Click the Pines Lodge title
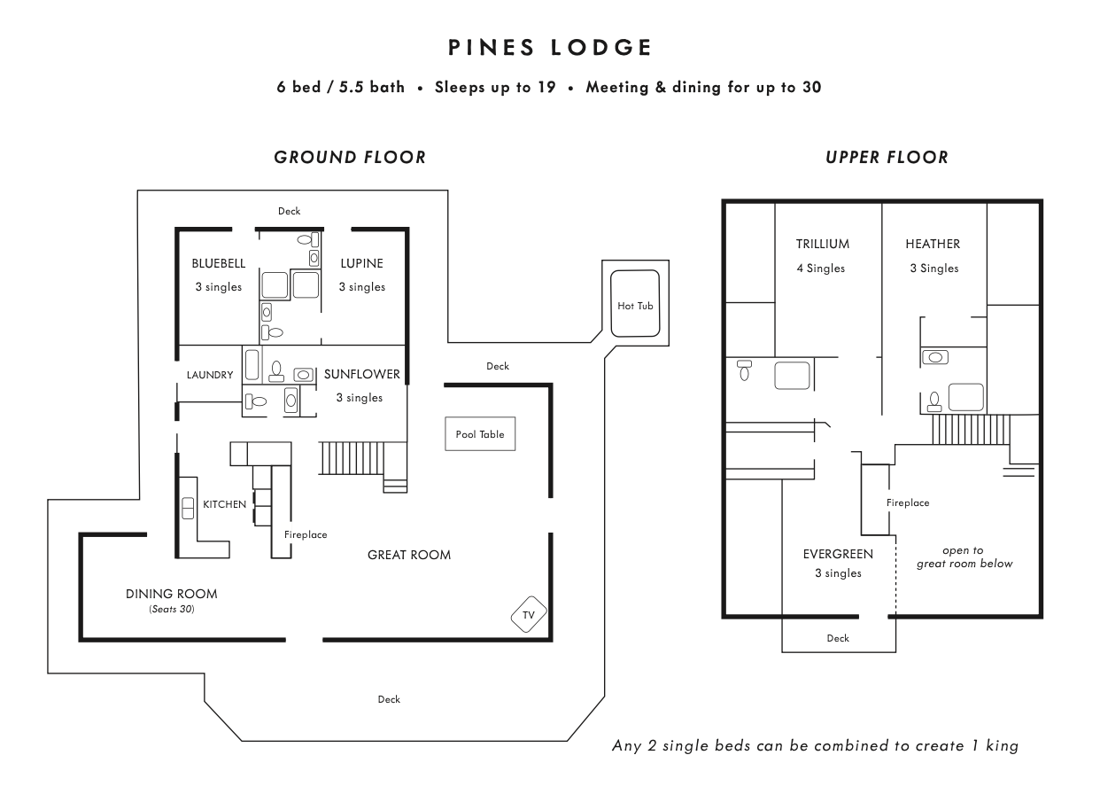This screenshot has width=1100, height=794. (550, 48)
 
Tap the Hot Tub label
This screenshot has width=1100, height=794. (635, 306)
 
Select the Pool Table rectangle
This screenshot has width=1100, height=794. (480, 434)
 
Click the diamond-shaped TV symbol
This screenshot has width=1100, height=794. (529, 613)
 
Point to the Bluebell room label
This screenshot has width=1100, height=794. (219, 263)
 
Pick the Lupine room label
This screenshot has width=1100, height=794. (362, 263)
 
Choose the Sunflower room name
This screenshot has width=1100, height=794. (362, 374)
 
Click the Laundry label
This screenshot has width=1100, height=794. (210, 375)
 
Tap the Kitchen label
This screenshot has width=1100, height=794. (225, 504)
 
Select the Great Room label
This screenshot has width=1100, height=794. (409, 555)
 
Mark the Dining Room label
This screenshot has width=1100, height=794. (171, 594)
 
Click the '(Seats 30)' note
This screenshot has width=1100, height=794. (171, 610)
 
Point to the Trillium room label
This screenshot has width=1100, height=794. (822, 244)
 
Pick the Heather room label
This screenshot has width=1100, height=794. (933, 244)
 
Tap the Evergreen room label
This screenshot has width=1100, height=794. (838, 554)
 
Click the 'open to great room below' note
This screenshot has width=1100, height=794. (964, 557)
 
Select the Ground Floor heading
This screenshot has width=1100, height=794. (350, 158)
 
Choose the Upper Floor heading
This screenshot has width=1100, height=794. (887, 158)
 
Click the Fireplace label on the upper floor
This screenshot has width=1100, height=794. (908, 502)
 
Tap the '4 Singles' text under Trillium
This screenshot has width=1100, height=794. (821, 269)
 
